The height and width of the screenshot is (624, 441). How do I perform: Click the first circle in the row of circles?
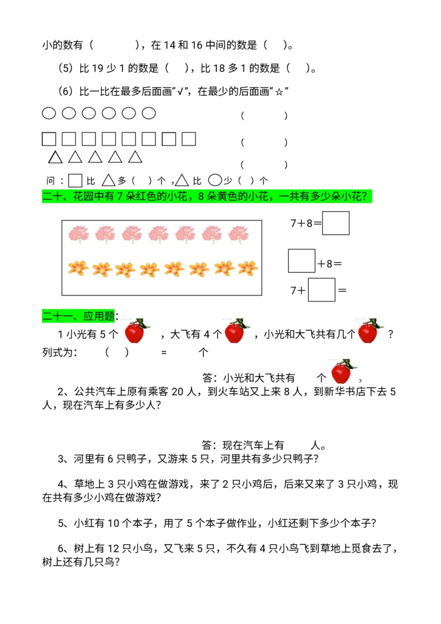[x=49, y=114]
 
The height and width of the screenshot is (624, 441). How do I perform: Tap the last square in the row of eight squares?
[x=189, y=139]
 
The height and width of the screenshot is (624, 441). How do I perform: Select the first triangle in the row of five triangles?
[x=55, y=158]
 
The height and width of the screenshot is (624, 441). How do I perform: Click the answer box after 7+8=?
[x=336, y=223]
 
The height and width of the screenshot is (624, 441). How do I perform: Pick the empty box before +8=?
[x=302, y=261]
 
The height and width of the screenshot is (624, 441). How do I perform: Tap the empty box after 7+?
[x=321, y=290]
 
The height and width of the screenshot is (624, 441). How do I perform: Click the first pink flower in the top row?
[x=78, y=234]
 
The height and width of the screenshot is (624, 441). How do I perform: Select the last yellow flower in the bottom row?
[x=248, y=268]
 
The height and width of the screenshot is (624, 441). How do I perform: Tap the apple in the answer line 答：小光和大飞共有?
[x=342, y=372]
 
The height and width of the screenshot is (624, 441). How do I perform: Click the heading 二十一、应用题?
[x=78, y=316]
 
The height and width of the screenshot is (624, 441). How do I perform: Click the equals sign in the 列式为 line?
[x=164, y=353]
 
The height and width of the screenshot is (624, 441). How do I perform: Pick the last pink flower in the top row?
[x=238, y=234]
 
